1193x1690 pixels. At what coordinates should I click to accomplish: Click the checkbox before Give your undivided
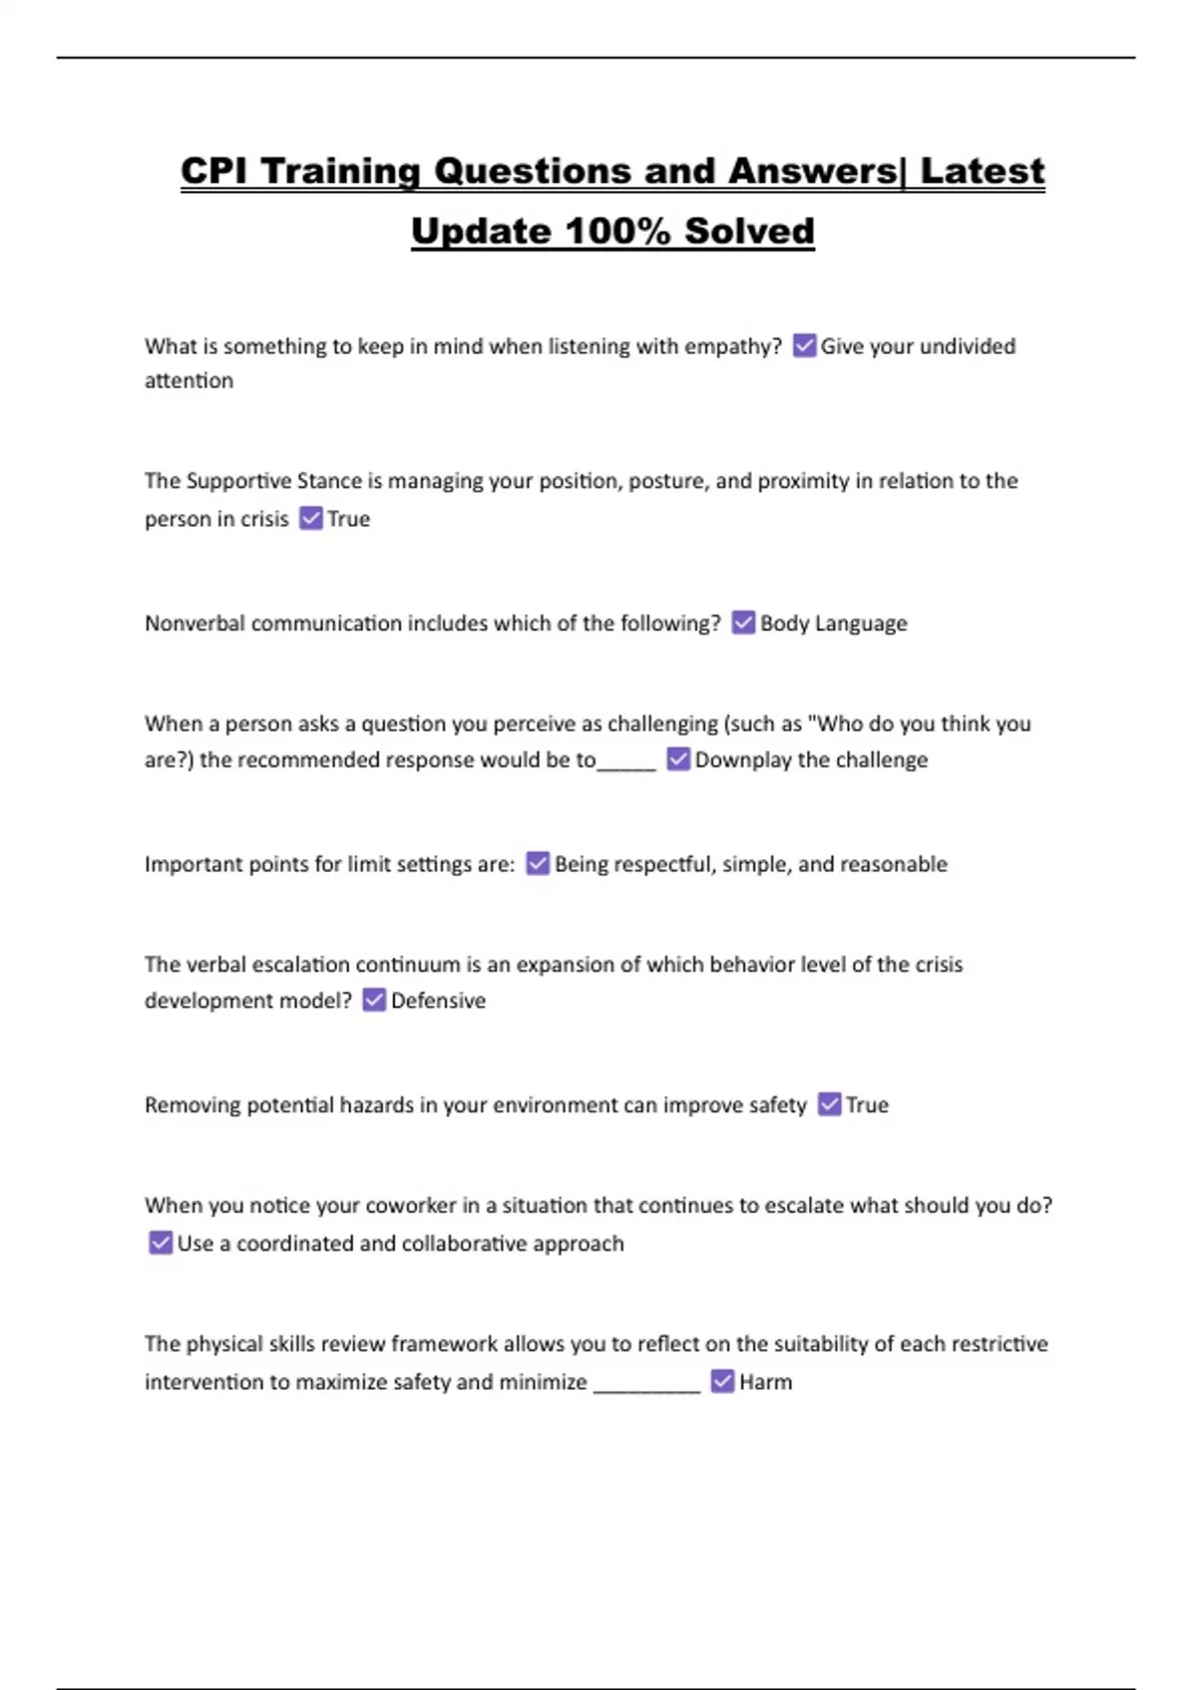click(804, 346)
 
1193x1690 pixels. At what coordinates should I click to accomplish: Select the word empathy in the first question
click(733, 347)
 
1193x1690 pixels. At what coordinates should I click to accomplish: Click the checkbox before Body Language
click(744, 623)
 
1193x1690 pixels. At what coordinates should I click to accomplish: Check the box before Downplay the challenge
click(678, 760)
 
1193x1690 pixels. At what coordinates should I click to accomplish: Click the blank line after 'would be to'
click(627, 765)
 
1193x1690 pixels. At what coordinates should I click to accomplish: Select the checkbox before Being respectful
click(538, 864)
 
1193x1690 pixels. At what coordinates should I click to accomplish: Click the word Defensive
click(438, 1001)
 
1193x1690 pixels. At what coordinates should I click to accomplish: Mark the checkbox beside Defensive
click(374, 1000)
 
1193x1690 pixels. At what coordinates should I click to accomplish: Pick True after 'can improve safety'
click(867, 1105)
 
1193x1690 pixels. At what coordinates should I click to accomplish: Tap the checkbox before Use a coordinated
click(160, 1243)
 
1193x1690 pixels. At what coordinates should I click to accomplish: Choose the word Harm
click(766, 1382)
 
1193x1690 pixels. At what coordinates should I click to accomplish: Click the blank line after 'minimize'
click(647, 1388)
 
